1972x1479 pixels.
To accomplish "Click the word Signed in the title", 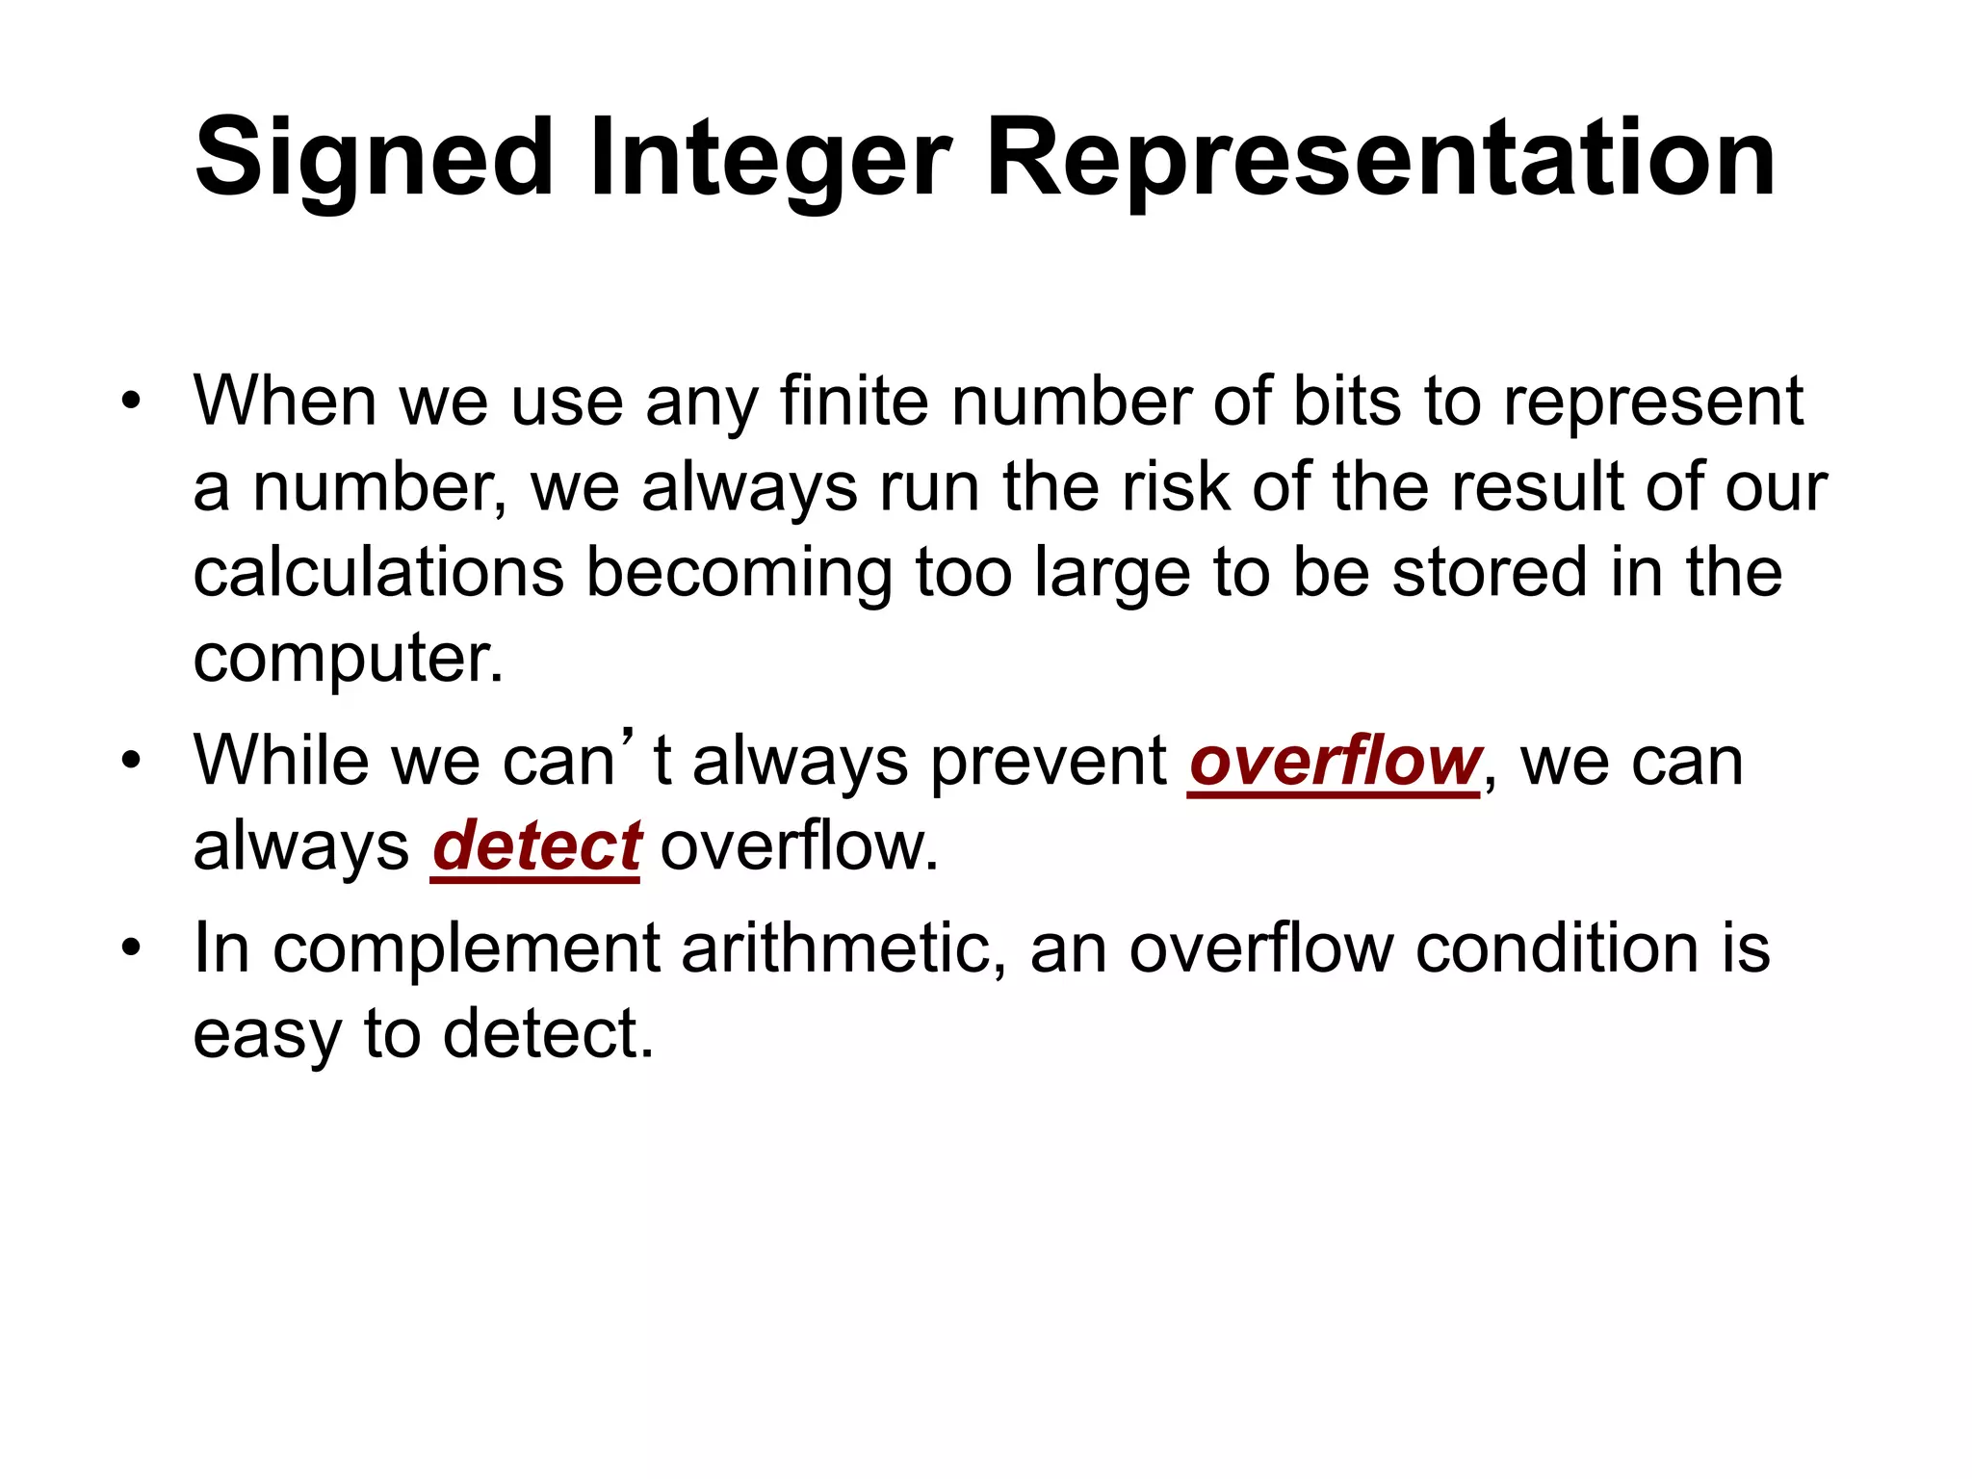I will (375, 159).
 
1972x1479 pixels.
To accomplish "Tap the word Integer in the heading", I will (770, 159).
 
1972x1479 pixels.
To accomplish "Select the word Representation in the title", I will (1380, 159).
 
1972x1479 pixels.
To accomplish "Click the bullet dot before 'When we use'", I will (131, 401).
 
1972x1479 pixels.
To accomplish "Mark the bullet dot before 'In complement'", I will (131, 948).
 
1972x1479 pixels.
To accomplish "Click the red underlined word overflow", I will (1335, 762).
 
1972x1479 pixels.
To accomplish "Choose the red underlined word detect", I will (535, 847).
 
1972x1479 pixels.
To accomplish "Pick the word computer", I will (348, 660).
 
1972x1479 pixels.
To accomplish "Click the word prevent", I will (1049, 762).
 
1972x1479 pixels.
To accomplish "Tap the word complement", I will (466, 949).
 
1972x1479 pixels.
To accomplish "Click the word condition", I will (1557, 949).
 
